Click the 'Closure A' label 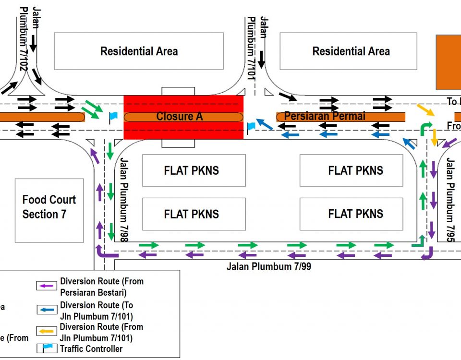[179, 117]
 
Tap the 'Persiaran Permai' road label [325, 116]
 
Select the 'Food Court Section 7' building [49, 210]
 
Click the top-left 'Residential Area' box [139, 51]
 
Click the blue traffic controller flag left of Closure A [113, 116]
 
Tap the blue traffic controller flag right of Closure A [251, 126]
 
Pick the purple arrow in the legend [47, 286]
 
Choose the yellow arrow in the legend [47, 331]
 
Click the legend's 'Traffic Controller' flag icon [47, 348]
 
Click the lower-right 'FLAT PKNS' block [355, 214]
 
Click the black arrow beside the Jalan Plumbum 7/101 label [261, 58]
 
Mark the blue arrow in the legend [47, 310]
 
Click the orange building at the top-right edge [449, 62]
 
